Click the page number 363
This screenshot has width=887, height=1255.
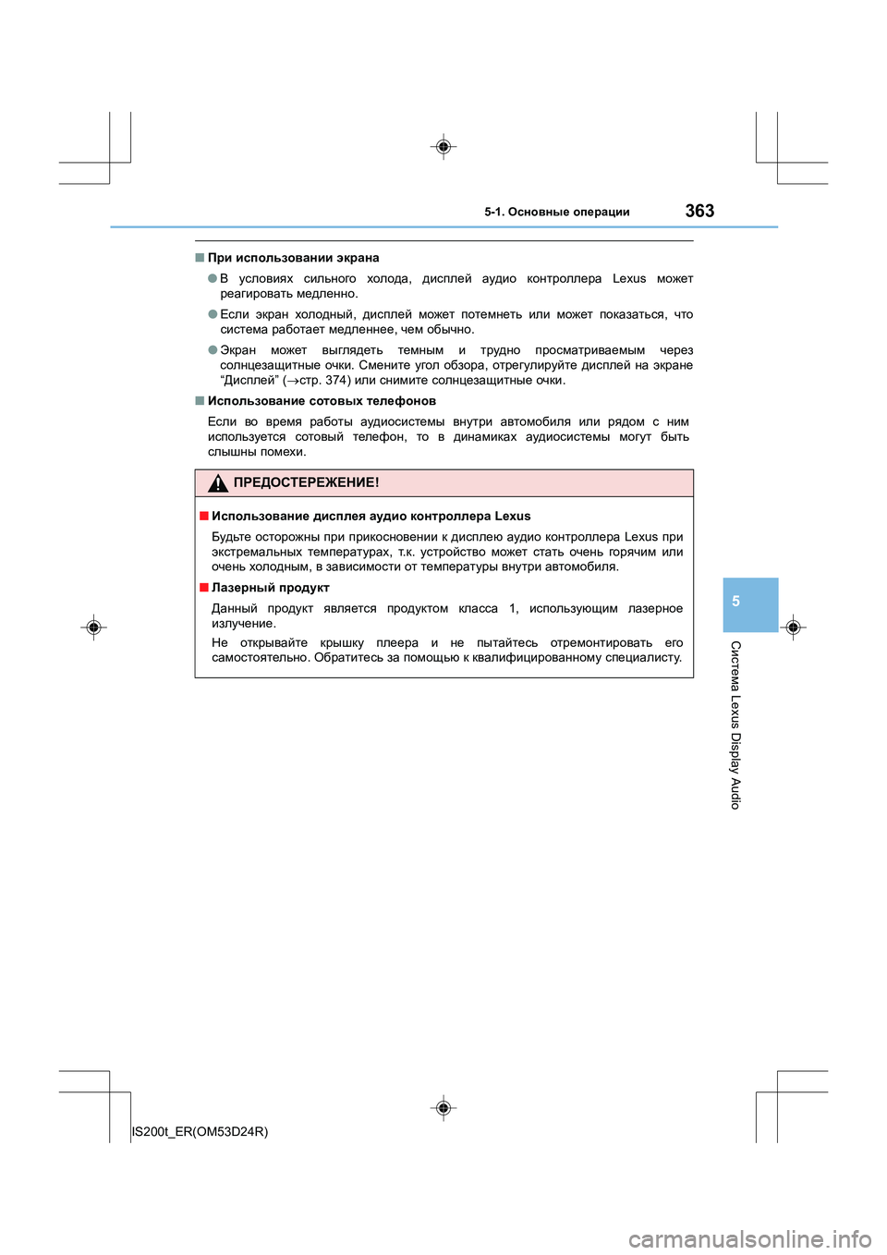(x=699, y=211)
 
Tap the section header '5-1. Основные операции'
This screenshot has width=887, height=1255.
(x=556, y=212)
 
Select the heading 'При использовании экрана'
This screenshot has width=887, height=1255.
(x=293, y=258)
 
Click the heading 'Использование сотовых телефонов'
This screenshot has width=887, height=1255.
(x=322, y=401)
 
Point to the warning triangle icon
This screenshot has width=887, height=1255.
(x=217, y=482)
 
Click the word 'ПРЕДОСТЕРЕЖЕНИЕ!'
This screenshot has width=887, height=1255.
(x=306, y=482)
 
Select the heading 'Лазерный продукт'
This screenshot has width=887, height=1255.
(x=270, y=588)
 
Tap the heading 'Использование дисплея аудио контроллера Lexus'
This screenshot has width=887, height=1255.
(x=371, y=517)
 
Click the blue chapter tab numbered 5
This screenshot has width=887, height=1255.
(x=736, y=602)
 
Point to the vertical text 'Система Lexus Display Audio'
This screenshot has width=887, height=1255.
(x=735, y=725)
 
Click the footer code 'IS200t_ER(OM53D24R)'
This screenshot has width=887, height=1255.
(x=200, y=1131)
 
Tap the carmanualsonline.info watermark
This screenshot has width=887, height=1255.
(x=749, y=1238)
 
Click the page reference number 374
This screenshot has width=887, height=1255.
(x=335, y=380)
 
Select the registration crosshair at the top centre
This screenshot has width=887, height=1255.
(x=443, y=147)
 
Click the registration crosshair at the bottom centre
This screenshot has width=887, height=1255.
(x=443, y=1107)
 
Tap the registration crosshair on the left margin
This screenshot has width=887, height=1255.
(x=93, y=627)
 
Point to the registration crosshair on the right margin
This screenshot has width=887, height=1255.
(x=793, y=627)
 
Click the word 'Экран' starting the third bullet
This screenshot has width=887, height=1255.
(x=238, y=350)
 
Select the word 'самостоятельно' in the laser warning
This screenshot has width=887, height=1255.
(x=260, y=658)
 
